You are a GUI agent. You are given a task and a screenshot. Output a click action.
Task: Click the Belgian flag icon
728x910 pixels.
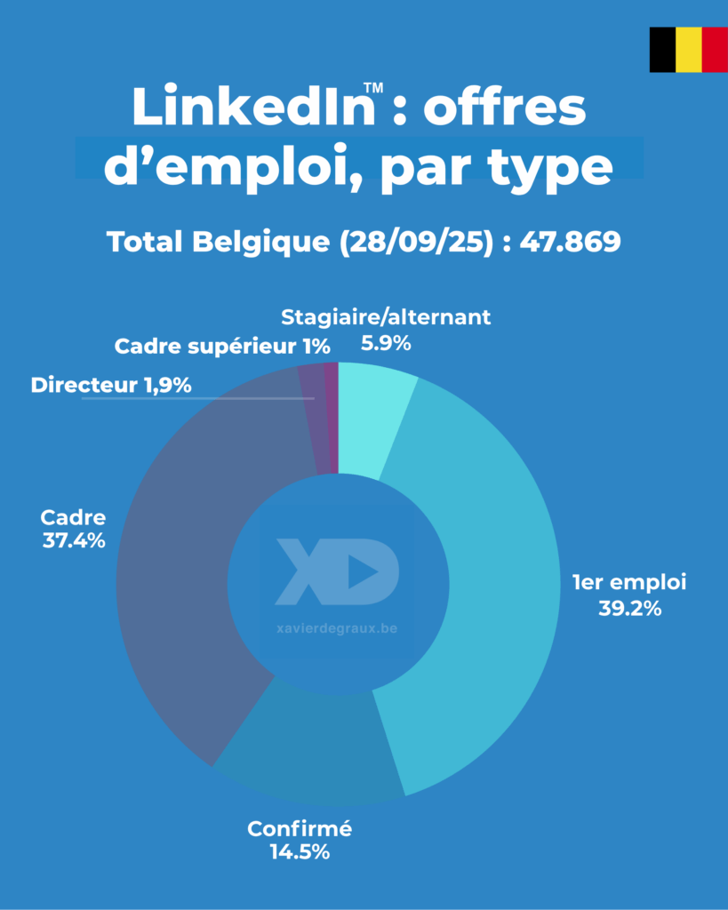pos(688,50)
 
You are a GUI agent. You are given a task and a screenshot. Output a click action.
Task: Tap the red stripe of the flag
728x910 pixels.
pos(714,50)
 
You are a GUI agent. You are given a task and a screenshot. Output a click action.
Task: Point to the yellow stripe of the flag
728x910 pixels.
pos(688,50)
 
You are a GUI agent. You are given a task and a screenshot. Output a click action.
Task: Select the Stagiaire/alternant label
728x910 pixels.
pos(386,316)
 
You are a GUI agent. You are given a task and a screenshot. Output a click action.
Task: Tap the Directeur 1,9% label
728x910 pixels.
pos(111,386)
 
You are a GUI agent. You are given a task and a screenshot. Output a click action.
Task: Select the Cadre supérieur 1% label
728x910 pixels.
pos(222,346)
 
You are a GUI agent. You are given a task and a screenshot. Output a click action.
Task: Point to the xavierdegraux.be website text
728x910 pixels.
pos(337,628)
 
